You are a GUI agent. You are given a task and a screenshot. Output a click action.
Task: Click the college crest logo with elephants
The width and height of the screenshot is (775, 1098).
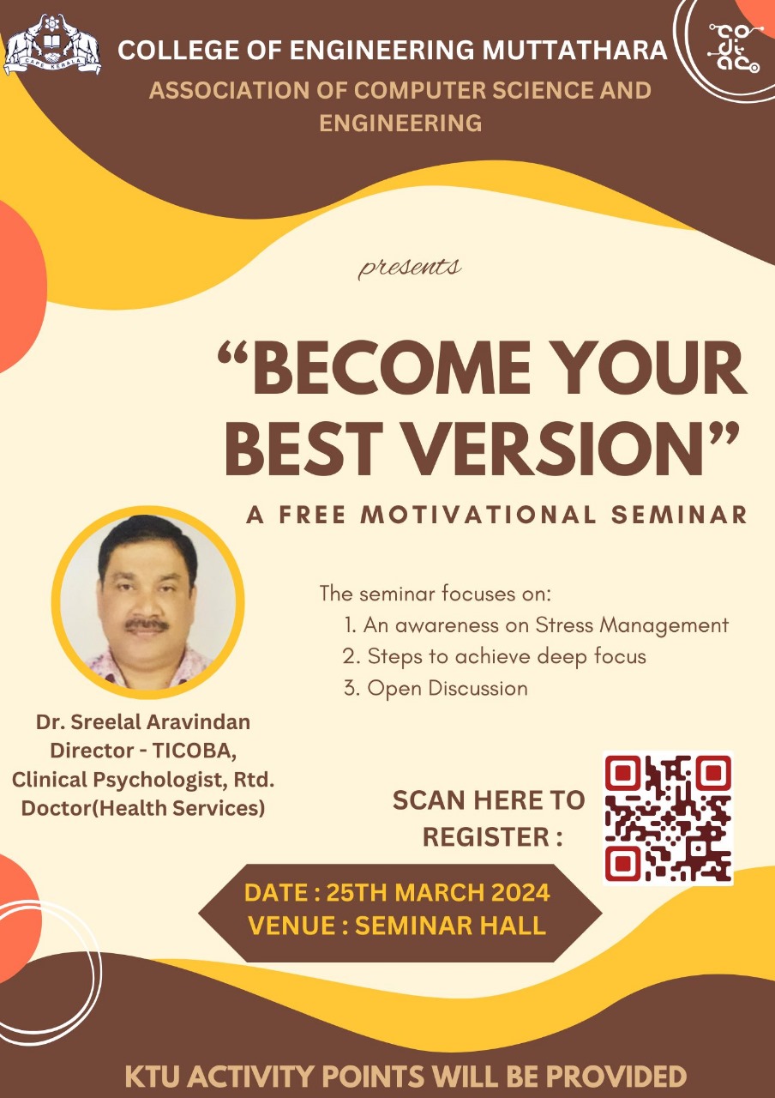pyautogui.click(x=52, y=45)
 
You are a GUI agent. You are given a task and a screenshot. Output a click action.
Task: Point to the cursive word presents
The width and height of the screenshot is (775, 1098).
pyautogui.click(x=409, y=268)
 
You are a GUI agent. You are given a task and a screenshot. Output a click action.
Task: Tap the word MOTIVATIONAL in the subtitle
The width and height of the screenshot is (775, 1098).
pyautogui.click(x=478, y=515)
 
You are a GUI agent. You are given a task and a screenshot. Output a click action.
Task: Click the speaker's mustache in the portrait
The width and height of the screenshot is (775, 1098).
pyautogui.click(x=147, y=624)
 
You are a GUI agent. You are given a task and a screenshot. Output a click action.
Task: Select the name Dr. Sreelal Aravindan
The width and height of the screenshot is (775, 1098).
pyautogui.click(x=143, y=722)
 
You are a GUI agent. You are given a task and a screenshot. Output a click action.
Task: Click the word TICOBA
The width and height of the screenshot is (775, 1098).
pyautogui.click(x=195, y=751)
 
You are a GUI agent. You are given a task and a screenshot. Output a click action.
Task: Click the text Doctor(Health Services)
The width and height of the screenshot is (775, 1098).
pyautogui.click(x=143, y=808)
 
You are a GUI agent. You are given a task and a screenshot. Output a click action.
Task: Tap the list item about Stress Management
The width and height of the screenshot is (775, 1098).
pyautogui.click(x=537, y=625)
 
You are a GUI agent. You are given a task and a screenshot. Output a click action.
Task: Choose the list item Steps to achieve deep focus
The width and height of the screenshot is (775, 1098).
pyautogui.click(x=495, y=656)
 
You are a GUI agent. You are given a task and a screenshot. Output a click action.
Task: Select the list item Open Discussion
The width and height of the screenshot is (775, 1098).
pyautogui.click(x=436, y=688)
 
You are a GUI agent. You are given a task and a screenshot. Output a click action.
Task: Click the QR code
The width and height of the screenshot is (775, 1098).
pyautogui.click(x=668, y=818)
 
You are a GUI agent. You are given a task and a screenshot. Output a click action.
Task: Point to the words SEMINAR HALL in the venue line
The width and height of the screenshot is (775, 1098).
pyautogui.click(x=450, y=926)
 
